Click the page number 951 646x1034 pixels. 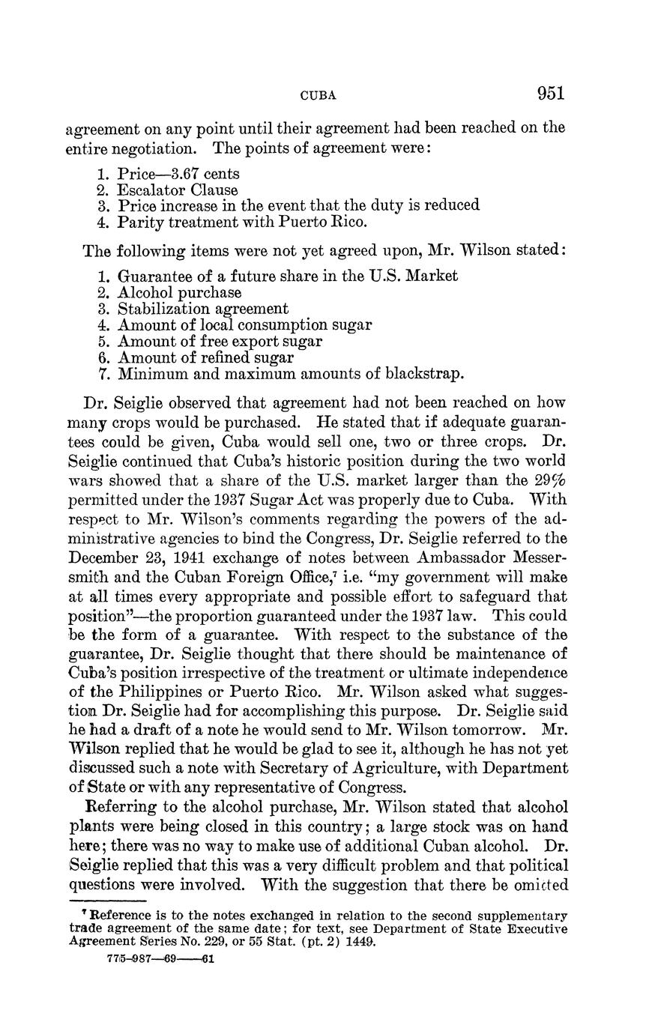549,94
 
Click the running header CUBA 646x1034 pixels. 318,96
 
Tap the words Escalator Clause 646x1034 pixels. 178,190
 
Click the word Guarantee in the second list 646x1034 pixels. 154,276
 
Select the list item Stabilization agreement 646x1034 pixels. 202,309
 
